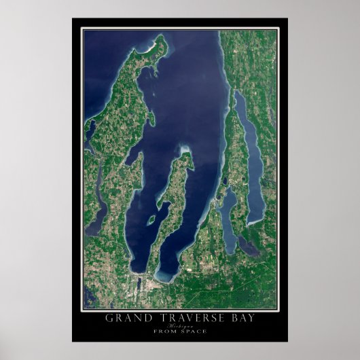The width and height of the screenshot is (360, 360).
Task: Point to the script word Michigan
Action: [180, 327]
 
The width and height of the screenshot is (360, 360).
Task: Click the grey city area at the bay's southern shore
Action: [136, 283]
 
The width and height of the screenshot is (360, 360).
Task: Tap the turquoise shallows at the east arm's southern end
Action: [166, 275]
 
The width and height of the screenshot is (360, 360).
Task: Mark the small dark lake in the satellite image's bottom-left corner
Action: [89, 299]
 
